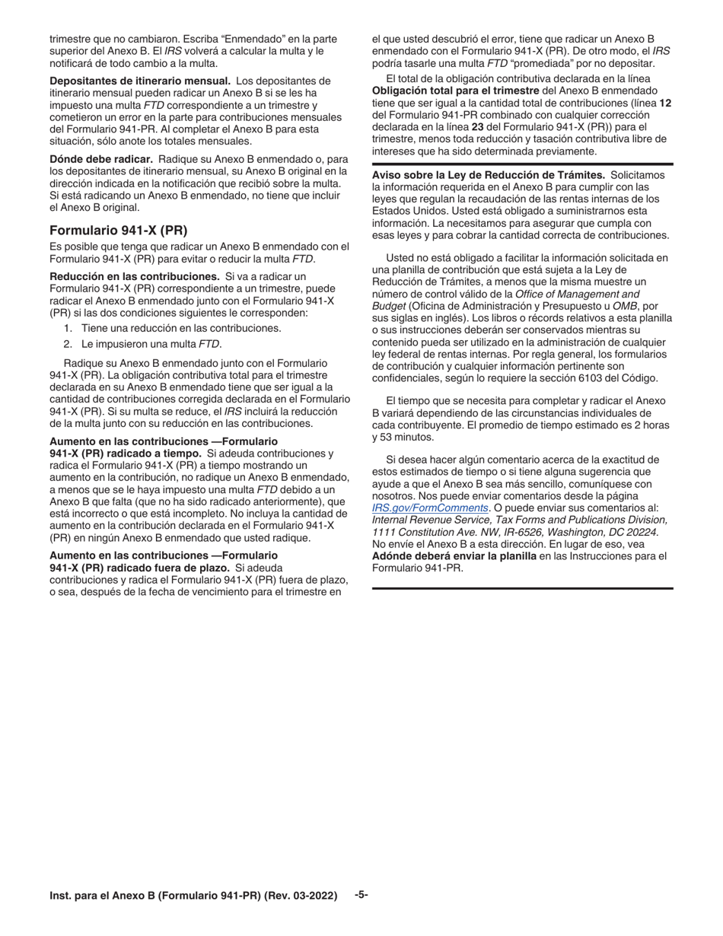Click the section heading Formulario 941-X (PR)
pos(118,231)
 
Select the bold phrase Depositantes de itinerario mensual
pos(140,81)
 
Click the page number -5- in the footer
pos(361,895)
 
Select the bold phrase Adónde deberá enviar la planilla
pos(454,556)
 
